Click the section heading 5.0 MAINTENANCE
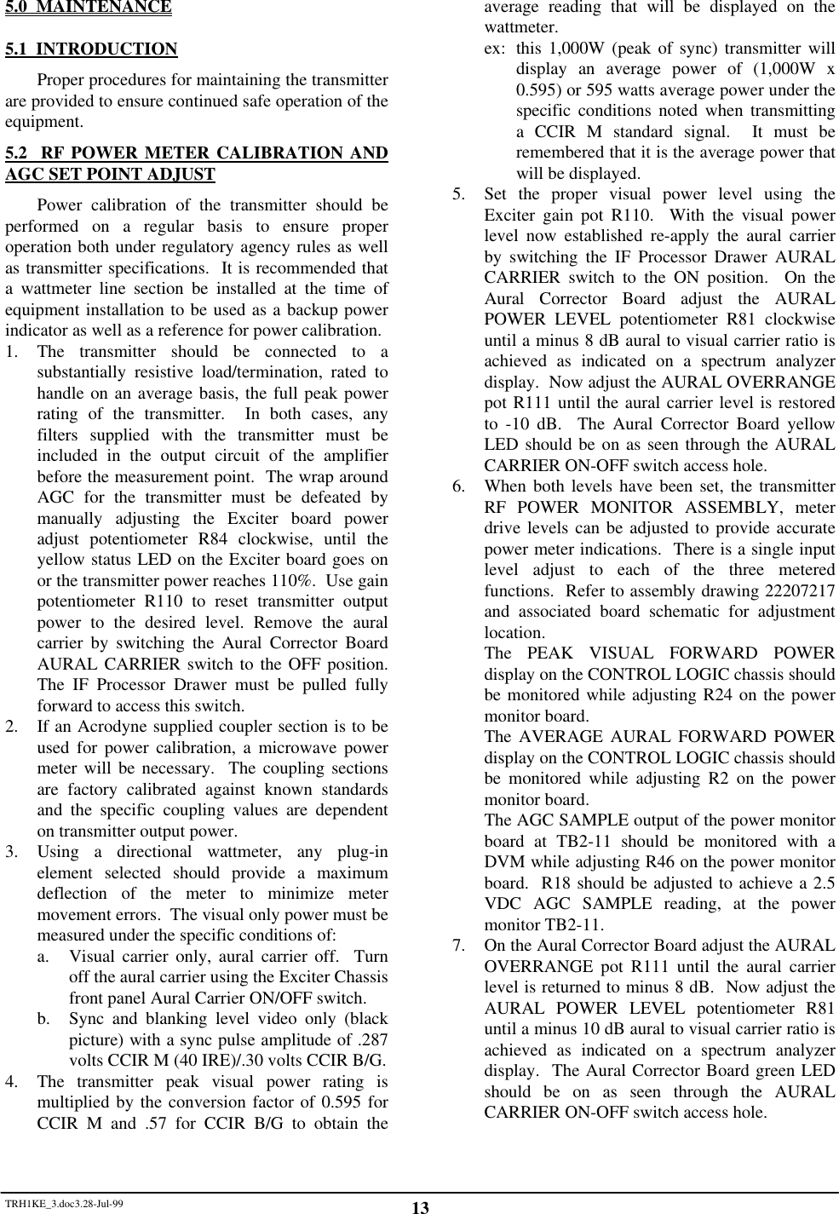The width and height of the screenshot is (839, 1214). pyautogui.click(x=88, y=8)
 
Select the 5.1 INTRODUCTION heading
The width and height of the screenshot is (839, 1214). pyautogui.click(x=91, y=49)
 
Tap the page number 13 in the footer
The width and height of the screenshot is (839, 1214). pyautogui.click(x=419, y=1207)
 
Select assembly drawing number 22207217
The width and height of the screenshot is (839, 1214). pyautogui.click(x=797, y=591)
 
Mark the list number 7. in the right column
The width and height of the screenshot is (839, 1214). pyautogui.click(x=459, y=946)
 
